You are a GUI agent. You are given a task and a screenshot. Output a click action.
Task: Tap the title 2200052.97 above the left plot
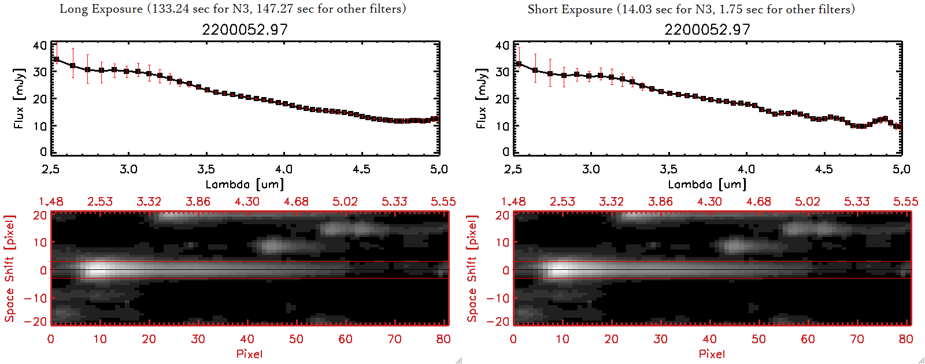[245, 29]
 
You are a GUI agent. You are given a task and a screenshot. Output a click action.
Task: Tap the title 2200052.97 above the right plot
[707, 29]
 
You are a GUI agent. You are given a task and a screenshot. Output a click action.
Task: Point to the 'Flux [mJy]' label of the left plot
[19, 99]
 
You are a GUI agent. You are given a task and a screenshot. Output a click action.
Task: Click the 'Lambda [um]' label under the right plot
[707, 184]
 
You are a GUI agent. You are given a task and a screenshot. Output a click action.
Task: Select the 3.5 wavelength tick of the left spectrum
[206, 169]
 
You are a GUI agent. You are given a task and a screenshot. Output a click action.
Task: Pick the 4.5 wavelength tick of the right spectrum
[824, 169]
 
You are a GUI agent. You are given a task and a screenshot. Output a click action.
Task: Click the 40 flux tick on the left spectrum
[40, 46]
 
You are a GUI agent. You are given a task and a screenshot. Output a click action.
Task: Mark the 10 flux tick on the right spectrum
[502, 125]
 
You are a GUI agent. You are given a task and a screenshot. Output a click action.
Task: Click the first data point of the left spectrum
[56, 60]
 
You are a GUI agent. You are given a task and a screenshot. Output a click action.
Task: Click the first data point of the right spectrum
[519, 64]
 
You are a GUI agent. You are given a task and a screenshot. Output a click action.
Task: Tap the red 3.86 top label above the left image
[198, 202]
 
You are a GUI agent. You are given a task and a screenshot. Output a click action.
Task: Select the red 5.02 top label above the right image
[808, 202]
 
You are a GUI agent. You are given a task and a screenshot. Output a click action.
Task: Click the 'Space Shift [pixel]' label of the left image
[9, 269]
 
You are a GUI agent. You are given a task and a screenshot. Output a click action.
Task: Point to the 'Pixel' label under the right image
[712, 354]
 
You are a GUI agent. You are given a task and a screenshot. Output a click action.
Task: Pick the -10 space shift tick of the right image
[497, 298]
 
